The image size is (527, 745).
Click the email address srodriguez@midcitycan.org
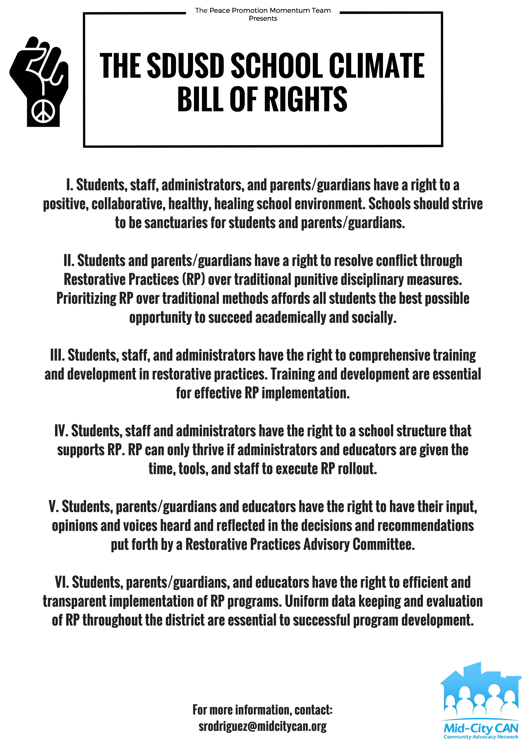pyautogui.click(x=262, y=726)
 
